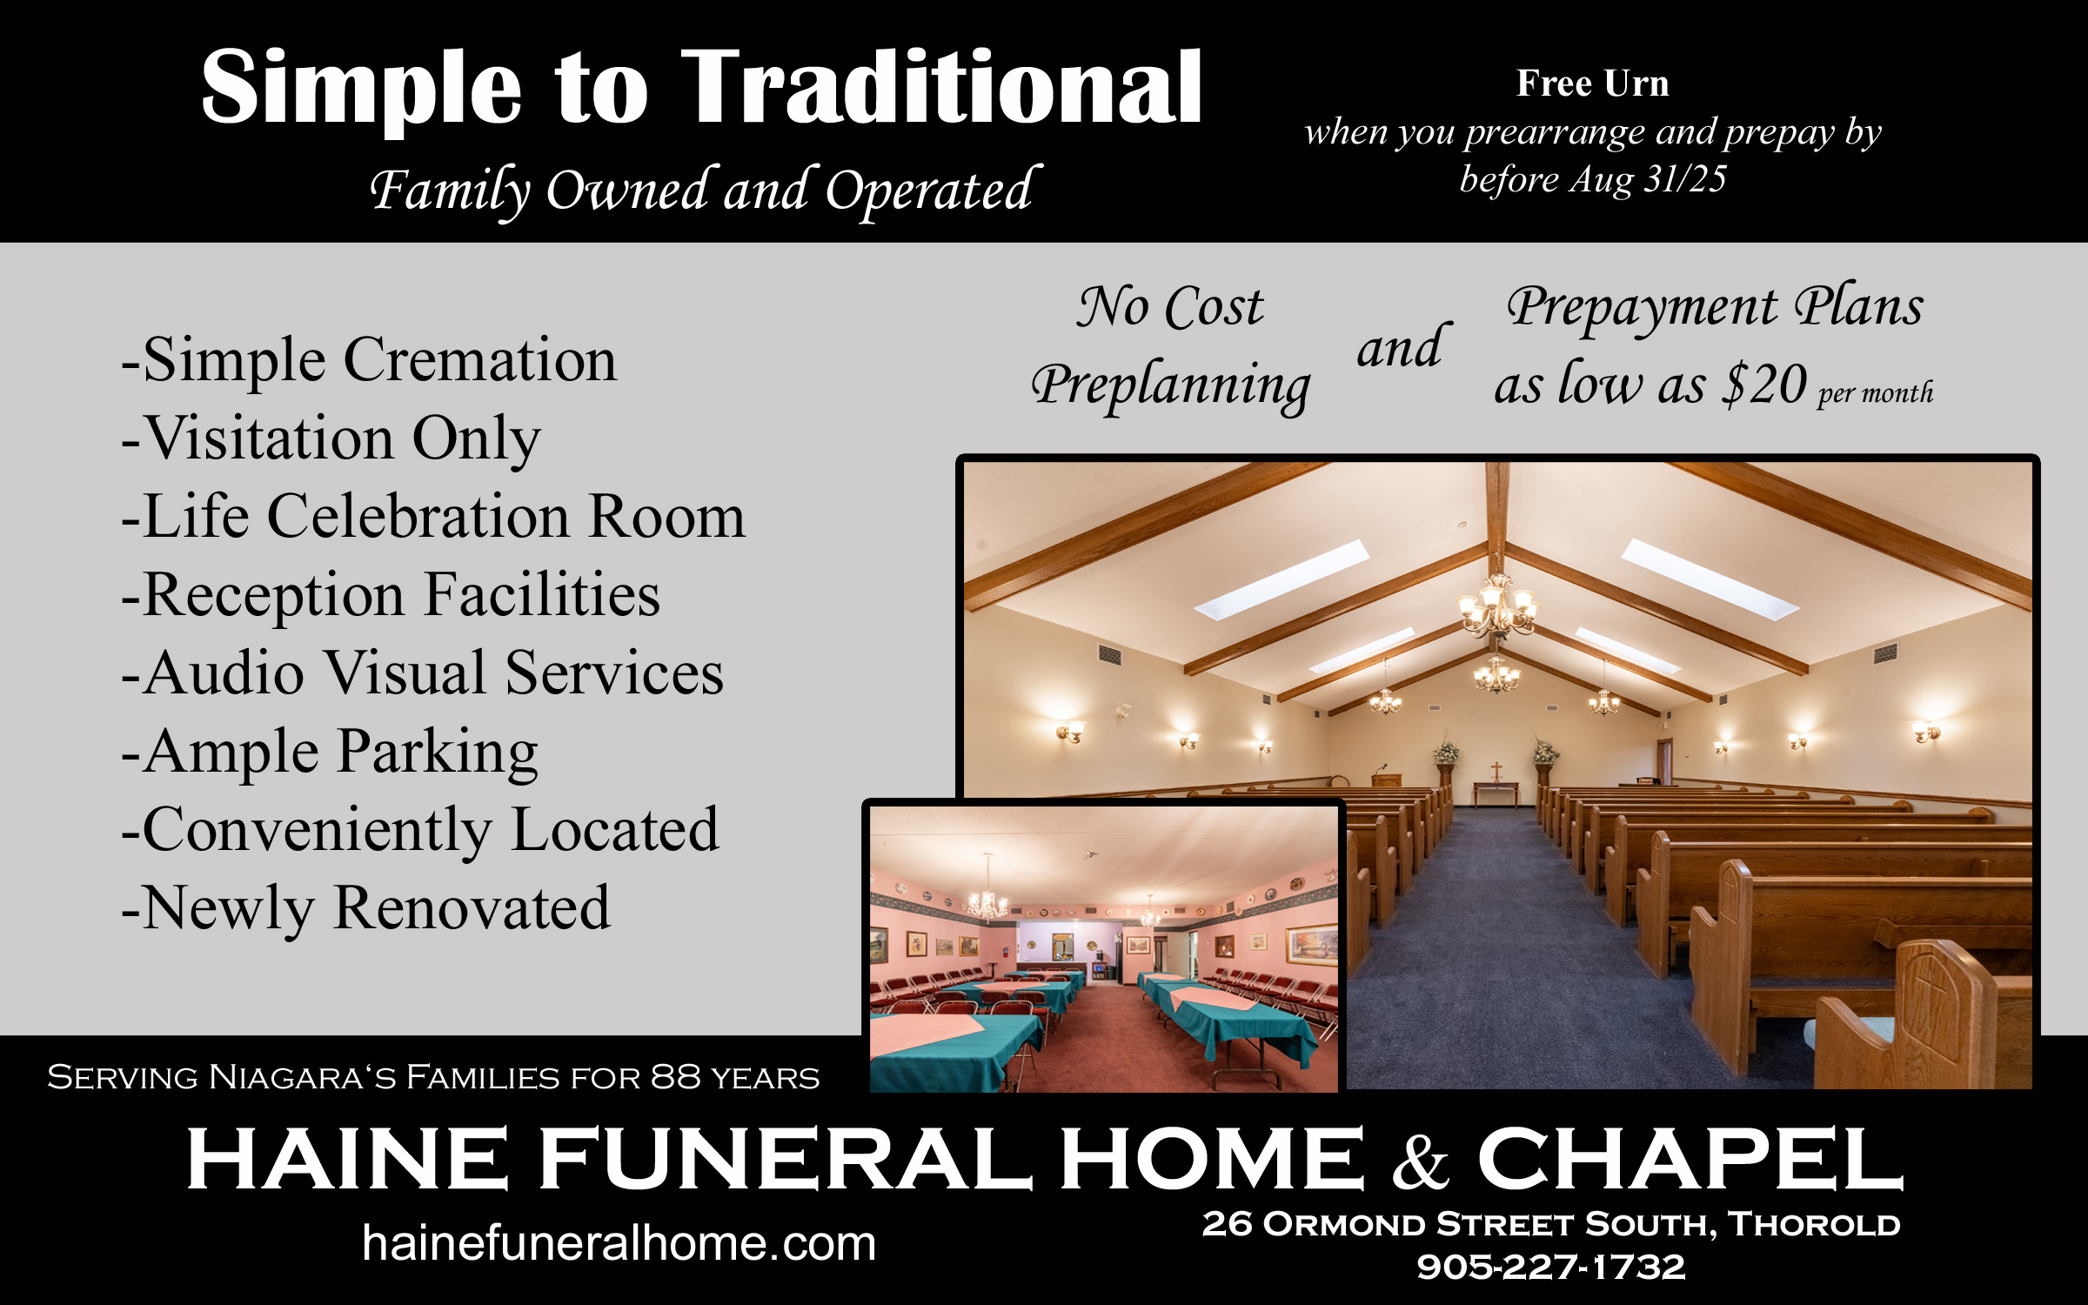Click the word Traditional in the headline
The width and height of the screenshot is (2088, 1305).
coord(941,86)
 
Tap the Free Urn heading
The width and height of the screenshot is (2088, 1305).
coord(1593,84)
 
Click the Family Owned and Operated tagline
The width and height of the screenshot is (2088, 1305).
coord(705,191)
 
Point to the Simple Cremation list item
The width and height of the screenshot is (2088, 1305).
coord(370,359)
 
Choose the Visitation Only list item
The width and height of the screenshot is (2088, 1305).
coord(331,438)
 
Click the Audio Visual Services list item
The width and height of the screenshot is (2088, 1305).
coord(423,673)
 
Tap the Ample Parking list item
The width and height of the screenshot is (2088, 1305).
coord(330,752)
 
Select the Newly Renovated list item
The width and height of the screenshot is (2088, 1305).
coord(366,907)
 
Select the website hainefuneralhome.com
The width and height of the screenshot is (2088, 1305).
coord(619,1242)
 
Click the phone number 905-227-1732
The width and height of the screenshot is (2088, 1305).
coord(1551,1267)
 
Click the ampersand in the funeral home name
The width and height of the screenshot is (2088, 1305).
coord(1421,1161)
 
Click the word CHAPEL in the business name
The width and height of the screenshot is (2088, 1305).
coord(1690,1158)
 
